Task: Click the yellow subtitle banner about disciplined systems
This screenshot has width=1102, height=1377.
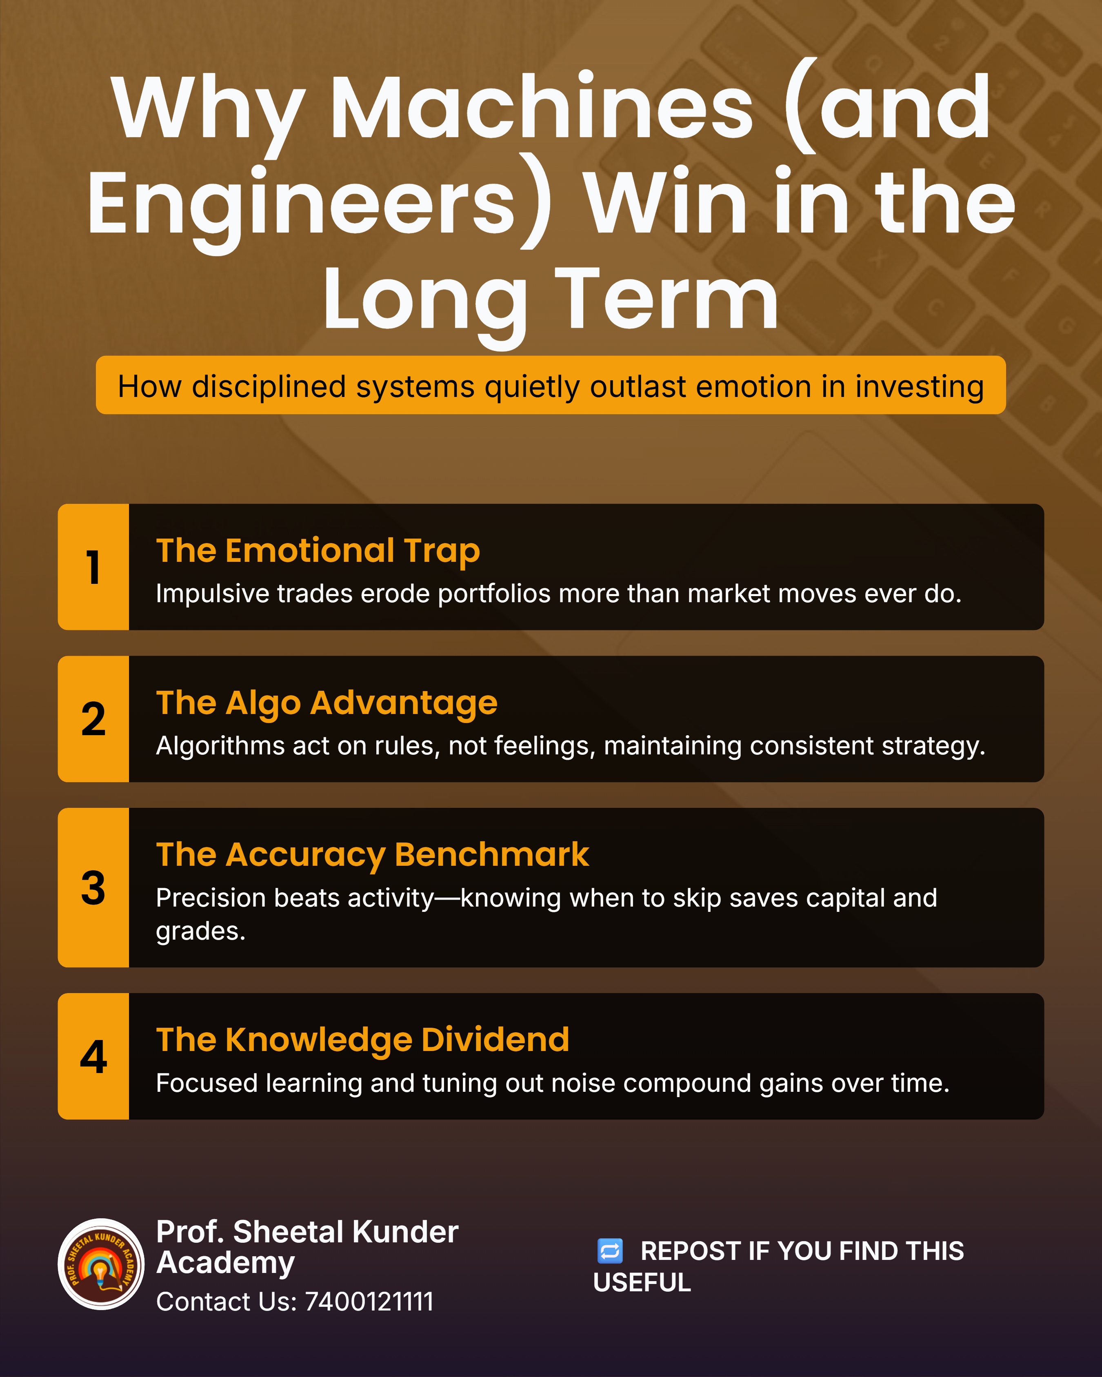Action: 551,385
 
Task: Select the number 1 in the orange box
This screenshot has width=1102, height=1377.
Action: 93,567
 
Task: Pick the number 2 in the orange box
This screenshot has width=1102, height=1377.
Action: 93,719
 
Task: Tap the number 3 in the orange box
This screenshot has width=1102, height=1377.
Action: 93,888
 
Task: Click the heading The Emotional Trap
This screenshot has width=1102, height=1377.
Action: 318,550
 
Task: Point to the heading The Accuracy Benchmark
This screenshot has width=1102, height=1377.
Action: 373,855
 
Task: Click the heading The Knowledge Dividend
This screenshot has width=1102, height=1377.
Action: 362,1040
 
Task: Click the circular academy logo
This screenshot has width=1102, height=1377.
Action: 101,1264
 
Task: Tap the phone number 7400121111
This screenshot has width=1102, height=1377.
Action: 370,1302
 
